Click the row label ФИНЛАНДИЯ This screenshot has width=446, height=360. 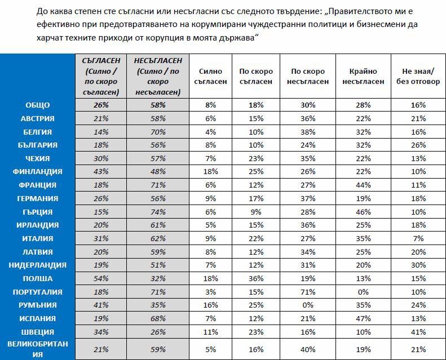[37, 172]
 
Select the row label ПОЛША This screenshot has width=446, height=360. [38, 278]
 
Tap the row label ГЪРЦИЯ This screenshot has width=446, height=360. [38, 212]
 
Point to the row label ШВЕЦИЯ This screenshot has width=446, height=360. [38, 332]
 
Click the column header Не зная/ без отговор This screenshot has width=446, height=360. [418, 76]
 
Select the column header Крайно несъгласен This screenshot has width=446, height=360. [363, 76]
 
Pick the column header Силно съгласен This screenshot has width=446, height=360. [210, 76]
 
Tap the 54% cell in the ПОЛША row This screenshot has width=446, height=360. [101, 278]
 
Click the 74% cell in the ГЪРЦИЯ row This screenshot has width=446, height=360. [158, 212]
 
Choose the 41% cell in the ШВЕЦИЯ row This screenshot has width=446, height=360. [418, 332]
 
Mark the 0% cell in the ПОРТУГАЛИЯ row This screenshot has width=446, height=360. [363, 292]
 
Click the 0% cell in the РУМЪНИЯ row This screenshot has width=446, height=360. [308, 305]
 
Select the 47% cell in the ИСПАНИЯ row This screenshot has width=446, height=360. [363, 318]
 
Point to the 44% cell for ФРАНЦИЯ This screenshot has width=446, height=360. [363, 185]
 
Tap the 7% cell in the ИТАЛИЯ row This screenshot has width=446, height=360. [418, 238]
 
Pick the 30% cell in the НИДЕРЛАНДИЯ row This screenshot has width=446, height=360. [418, 265]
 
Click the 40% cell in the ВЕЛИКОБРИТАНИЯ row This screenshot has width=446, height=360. [308, 349]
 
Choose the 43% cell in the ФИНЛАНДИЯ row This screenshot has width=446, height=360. [101, 172]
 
